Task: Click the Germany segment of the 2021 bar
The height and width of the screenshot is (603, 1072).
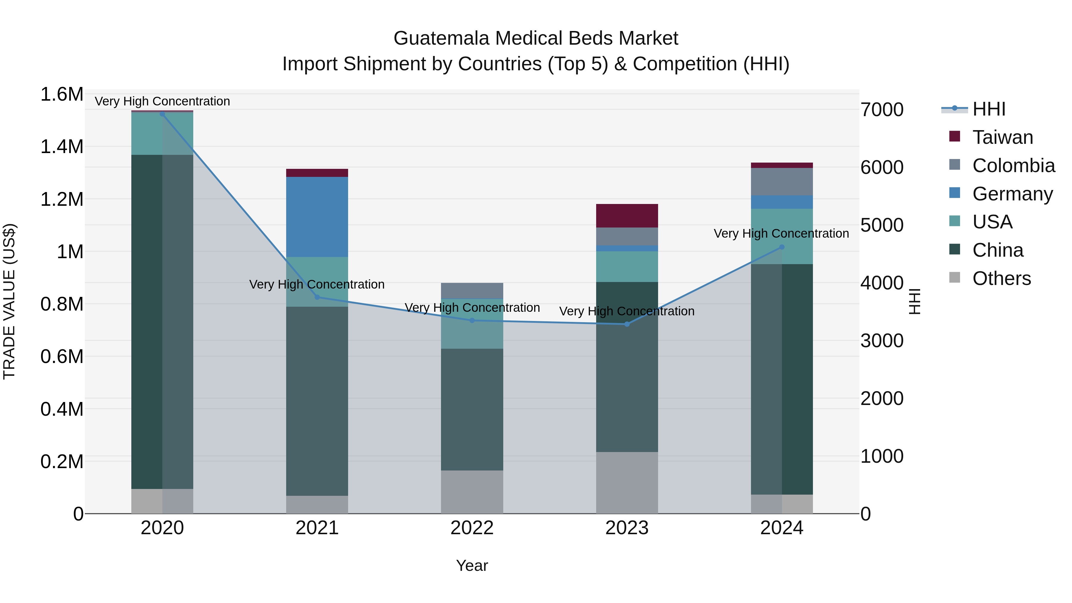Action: click(317, 217)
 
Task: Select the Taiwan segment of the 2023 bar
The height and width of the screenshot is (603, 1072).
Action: click(627, 216)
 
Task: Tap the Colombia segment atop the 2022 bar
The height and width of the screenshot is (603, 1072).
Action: click(472, 290)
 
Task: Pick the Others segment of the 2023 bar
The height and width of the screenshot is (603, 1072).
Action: click(627, 482)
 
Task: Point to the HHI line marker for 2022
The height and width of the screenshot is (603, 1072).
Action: click(472, 320)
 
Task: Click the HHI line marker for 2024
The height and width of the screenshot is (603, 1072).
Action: click(782, 247)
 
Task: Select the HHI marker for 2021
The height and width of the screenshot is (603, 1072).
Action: click(317, 297)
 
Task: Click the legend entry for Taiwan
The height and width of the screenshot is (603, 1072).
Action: click(1002, 137)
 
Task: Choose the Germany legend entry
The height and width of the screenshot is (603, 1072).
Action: click(1012, 194)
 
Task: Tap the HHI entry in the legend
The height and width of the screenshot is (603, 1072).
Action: click(988, 109)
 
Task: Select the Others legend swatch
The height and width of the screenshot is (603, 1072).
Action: click(955, 278)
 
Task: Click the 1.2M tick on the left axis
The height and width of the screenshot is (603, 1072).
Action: click(62, 199)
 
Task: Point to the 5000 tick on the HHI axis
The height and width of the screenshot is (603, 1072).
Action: click(881, 225)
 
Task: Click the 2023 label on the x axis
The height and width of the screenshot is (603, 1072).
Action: click(627, 528)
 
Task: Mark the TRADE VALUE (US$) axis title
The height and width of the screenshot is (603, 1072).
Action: click(10, 301)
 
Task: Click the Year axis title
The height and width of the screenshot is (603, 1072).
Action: click(472, 565)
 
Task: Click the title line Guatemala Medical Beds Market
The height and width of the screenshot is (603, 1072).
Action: click(536, 38)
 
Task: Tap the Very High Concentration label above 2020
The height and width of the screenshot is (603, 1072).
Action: click(162, 101)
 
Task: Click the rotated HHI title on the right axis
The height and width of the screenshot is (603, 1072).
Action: click(914, 301)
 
